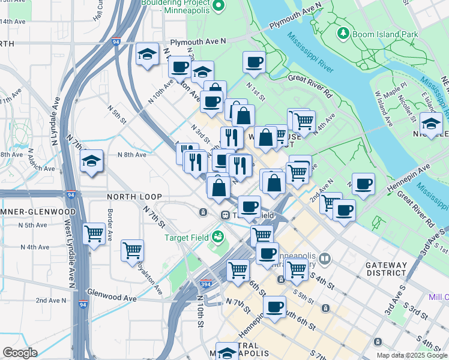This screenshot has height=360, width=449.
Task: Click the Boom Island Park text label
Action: pyautogui.click(x=385, y=34)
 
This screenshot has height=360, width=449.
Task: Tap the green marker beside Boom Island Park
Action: pyautogui.click(x=343, y=33)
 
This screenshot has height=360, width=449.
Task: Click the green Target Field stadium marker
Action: pyautogui.click(x=217, y=238)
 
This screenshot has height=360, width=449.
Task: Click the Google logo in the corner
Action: pyautogui.click(x=20, y=353)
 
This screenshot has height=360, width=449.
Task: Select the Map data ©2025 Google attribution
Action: pyautogui.click(x=411, y=355)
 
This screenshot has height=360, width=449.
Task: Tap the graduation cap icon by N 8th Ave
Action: pyautogui.click(x=91, y=161)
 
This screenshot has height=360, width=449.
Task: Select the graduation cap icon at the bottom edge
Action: pyautogui.click(x=227, y=352)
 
